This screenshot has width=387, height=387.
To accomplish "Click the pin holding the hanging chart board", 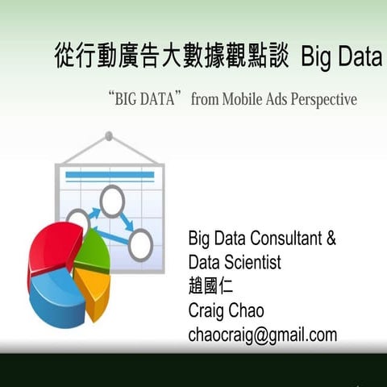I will [x=109, y=136].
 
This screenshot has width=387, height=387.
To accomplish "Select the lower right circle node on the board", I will [x=140, y=245].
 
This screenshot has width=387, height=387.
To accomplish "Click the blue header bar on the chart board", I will [x=109, y=175].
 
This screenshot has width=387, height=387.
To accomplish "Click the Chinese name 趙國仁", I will [x=211, y=287].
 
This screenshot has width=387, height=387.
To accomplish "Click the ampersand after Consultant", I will [x=329, y=239].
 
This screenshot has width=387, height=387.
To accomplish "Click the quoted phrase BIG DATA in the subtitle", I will [x=144, y=100].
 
